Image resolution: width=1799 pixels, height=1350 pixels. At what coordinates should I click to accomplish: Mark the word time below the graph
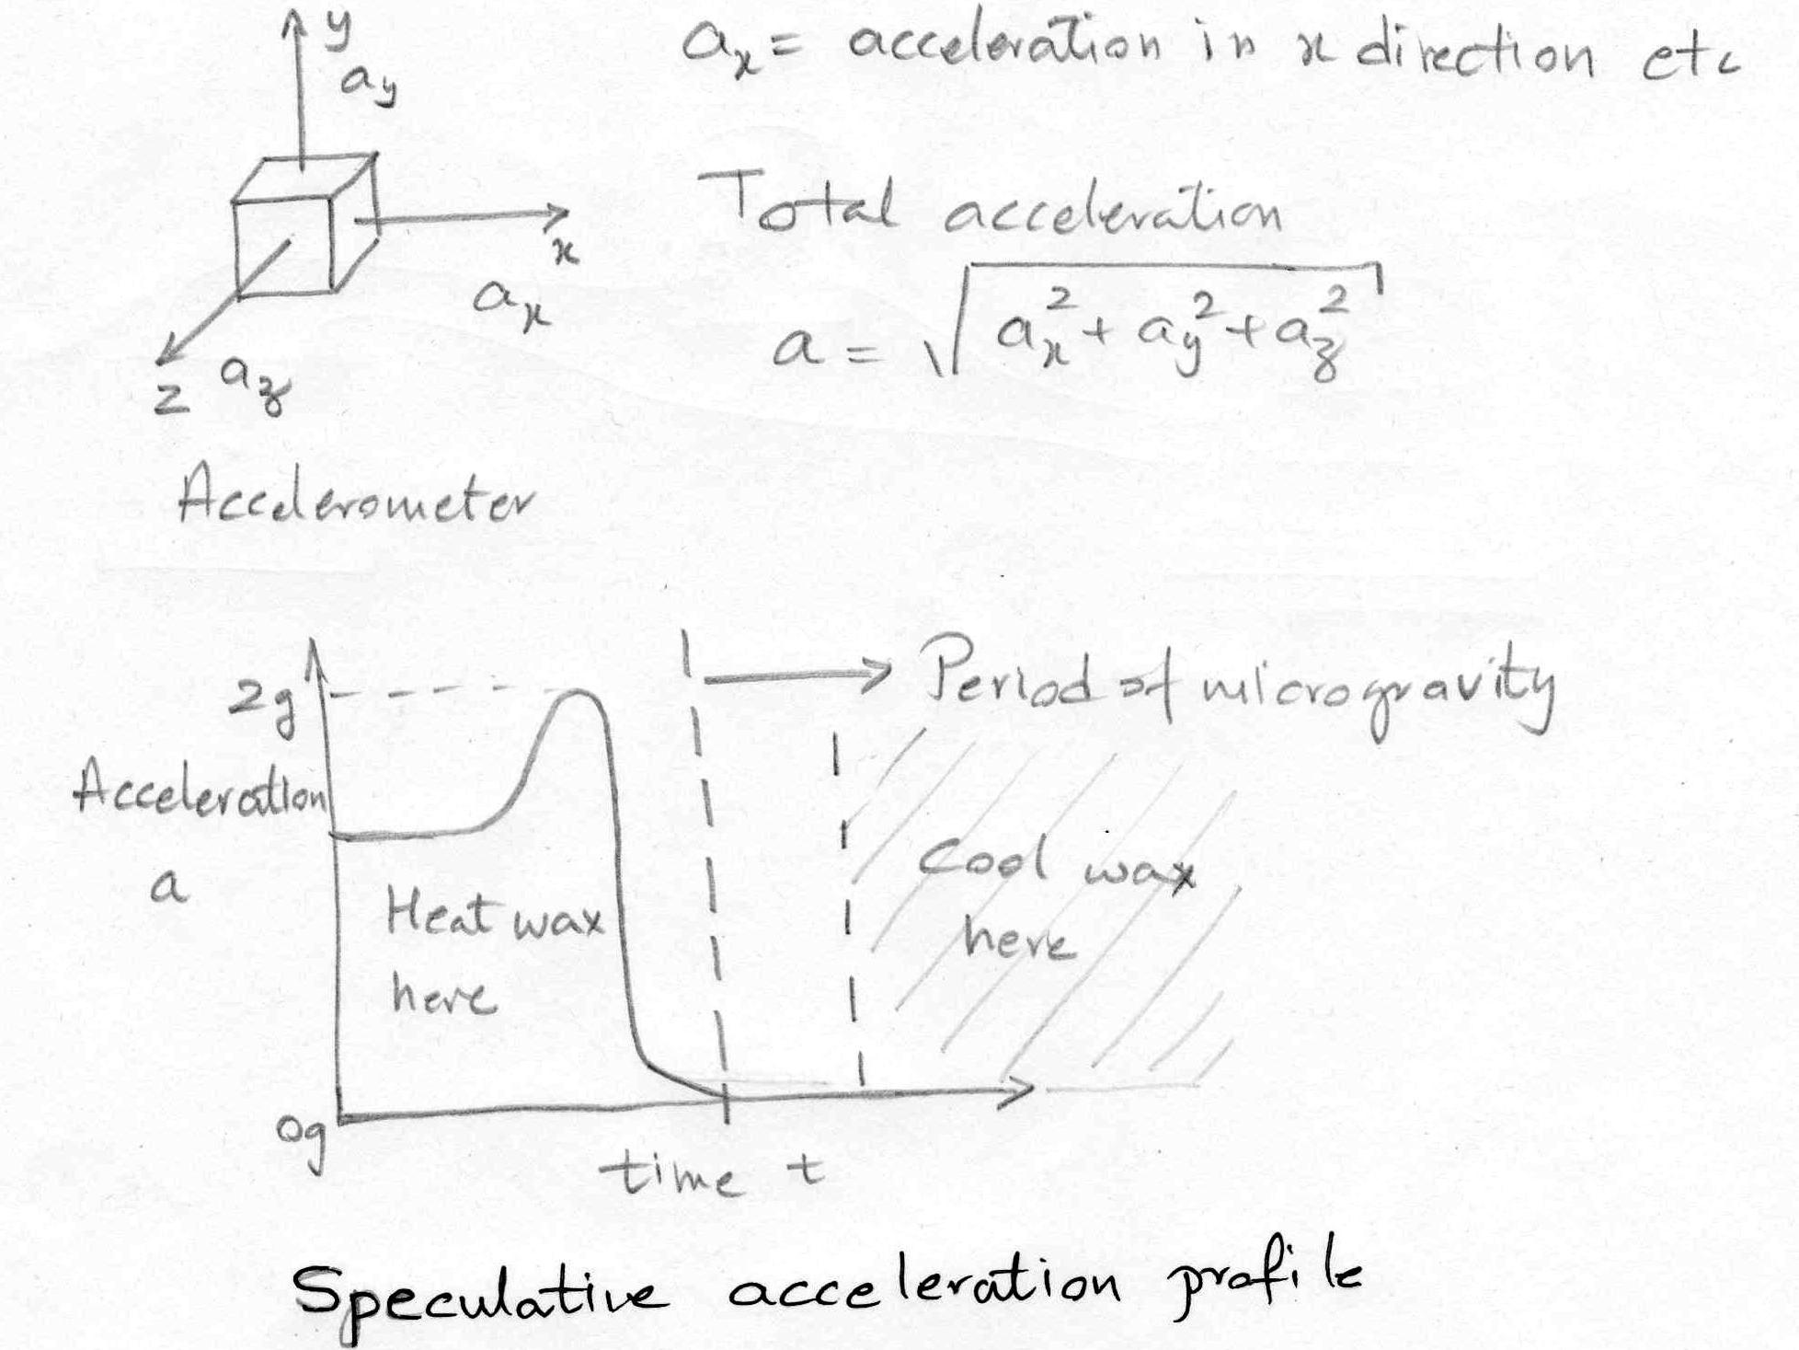point(669,1173)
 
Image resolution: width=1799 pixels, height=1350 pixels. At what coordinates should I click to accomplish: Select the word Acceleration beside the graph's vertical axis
point(201,791)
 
